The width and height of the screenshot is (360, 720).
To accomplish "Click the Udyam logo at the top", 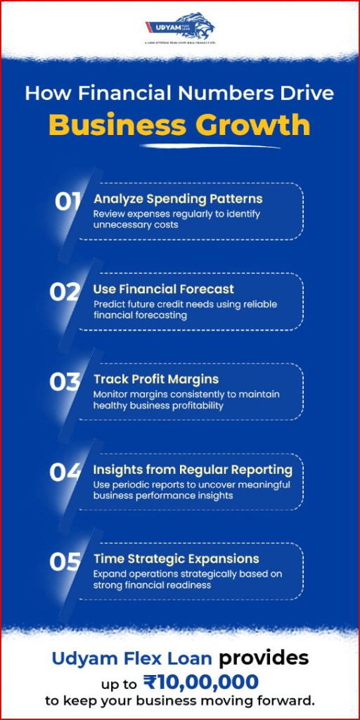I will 180,29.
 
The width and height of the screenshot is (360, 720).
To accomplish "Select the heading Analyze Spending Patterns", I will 178,199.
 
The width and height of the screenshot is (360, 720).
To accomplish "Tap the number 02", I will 65,292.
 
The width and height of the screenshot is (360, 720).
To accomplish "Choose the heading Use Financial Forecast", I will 164,289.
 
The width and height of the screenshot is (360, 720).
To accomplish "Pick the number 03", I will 65,382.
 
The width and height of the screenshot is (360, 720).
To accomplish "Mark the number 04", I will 65,472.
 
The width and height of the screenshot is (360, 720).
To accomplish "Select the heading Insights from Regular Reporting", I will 193,469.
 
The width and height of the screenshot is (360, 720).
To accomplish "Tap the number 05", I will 65,562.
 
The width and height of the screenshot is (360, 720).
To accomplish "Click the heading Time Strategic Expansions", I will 176,559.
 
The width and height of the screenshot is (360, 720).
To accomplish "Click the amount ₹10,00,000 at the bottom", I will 200,681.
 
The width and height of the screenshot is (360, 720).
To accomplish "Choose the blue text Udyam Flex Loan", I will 132,658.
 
